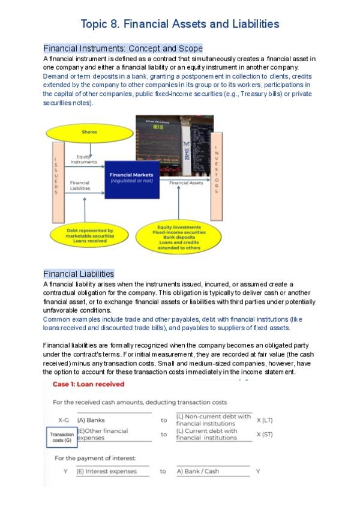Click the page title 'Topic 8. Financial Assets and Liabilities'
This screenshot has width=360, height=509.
coord(180,24)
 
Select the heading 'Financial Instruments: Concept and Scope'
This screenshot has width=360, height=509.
coord(123,48)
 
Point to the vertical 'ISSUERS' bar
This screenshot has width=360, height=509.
coord(56,175)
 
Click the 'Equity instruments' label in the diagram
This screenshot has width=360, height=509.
coord(83,159)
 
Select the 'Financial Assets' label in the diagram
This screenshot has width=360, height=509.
coord(186,182)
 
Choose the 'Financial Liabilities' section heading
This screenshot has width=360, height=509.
coord(79,274)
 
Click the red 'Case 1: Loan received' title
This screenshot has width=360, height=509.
coord(88,384)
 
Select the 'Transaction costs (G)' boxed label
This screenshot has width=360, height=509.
coord(62,437)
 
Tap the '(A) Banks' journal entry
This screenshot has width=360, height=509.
coord(91,420)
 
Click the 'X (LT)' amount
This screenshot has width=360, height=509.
coord(264,420)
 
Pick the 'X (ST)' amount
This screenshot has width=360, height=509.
coord(264,434)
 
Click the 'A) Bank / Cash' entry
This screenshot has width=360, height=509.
coord(198,471)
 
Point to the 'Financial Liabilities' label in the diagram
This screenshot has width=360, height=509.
coord(80,185)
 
